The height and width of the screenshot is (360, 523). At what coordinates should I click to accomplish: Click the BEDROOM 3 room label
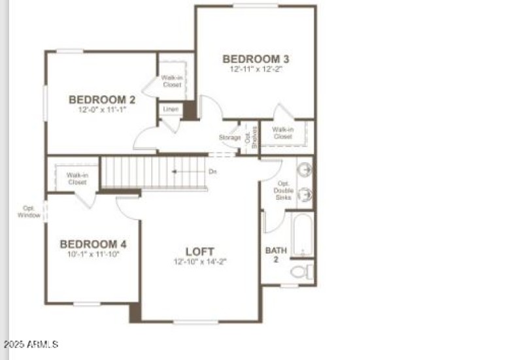pyautogui.click(x=256, y=59)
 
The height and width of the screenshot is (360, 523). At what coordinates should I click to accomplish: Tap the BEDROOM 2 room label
pyautogui.click(x=102, y=100)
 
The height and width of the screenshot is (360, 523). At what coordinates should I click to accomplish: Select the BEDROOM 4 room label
pyautogui.click(x=93, y=244)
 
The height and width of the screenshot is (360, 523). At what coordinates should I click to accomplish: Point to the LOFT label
pyautogui.click(x=199, y=252)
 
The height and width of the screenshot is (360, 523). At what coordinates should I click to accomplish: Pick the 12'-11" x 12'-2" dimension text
pyautogui.click(x=256, y=69)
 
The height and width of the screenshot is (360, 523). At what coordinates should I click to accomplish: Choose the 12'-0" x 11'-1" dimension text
pyautogui.click(x=102, y=110)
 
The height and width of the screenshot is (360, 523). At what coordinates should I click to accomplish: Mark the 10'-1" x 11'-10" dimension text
pyautogui.click(x=93, y=254)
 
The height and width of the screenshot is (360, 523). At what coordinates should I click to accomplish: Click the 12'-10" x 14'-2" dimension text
pyautogui.click(x=199, y=261)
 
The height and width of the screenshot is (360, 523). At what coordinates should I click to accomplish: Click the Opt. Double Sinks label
pyautogui.click(x=284, y=190)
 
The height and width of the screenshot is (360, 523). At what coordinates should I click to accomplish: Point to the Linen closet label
pyautogui.click(x=170, y=110)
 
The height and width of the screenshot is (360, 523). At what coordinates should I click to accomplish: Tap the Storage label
pyautogui.click(x=229, y=138)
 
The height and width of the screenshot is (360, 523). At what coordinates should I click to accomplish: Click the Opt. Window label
pyautogui.click(x=29, y=212)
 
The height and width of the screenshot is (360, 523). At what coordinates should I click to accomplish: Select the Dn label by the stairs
pyautogui.click(x=212, y=172)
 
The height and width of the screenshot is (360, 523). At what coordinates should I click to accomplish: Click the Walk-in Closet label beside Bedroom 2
pyautogui.click(x=172, y=82)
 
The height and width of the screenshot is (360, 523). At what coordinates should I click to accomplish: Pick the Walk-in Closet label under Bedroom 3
pyautogui.click(x=282, y=133)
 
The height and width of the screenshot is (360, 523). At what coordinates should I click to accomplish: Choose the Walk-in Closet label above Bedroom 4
pyautogui.click(x=76, y=178)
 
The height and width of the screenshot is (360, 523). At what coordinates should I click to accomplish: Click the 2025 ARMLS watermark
pyautogui.click(x=31, y=344)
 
